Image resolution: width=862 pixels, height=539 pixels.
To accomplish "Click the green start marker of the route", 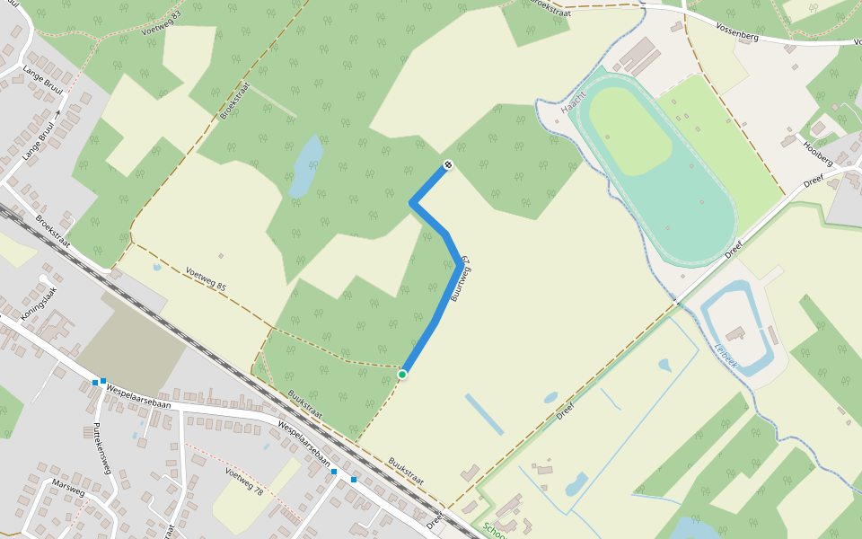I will [x=402, y=374].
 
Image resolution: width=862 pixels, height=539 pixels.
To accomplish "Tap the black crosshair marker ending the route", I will [x=447, y=165].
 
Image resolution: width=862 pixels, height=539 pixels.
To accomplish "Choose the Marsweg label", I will [x=68, y=487].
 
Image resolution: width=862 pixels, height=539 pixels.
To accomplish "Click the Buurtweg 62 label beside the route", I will [x=461, y=279].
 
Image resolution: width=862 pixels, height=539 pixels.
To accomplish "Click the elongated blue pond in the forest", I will [x=305, y=166].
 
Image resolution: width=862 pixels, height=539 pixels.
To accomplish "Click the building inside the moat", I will [x=734, y=334].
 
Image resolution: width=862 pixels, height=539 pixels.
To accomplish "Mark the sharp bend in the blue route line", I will [x=413, y=204].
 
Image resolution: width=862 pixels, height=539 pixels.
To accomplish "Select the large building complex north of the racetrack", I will [x=638, y=56].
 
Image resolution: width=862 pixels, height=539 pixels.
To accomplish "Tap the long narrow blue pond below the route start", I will [x=484, y=414].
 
